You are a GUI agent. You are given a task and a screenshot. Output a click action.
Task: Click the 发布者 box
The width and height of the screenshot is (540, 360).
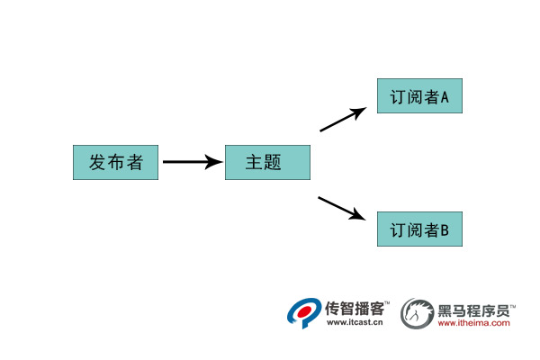[x=115, y=162]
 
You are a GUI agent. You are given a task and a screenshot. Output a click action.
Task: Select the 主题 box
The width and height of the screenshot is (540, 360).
[x=267, y=162]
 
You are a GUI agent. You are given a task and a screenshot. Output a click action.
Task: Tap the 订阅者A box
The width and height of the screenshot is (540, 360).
[x=419, y=96]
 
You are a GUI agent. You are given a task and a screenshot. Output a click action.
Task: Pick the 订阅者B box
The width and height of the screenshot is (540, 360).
[x=419, y=230]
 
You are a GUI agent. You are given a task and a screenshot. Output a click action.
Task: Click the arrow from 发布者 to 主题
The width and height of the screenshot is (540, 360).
[x=191, y=162]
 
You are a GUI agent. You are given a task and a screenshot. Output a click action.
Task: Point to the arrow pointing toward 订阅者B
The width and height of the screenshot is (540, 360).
[x=342, y=208]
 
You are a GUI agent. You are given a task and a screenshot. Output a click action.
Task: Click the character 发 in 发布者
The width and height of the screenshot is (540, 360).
[x=97, y=162]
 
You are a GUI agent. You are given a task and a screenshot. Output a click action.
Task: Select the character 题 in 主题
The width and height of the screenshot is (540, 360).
[x=274, y=163]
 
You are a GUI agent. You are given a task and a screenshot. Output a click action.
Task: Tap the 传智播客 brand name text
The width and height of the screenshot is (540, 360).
[x=355, y=308]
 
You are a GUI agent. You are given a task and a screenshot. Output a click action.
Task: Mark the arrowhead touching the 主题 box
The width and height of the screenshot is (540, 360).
[x=215, y=162]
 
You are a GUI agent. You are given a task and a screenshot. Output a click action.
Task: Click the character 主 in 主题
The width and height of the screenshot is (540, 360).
[x=255, y=163]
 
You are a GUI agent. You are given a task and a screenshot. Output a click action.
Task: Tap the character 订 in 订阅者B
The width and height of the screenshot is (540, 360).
[x=398, y=231]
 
